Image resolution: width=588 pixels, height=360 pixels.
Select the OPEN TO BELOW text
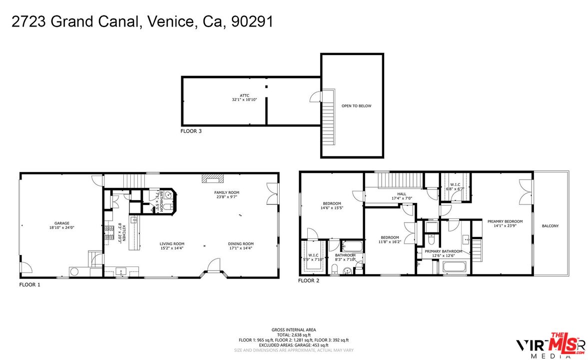356,106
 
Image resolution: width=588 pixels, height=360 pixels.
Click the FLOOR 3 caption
191,131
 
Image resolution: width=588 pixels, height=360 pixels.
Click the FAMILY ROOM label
227,192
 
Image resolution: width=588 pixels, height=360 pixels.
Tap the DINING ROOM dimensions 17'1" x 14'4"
241,248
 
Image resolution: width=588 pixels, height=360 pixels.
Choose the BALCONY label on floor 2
550,226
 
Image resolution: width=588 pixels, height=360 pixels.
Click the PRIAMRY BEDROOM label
505,221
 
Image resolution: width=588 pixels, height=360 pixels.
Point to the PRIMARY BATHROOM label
443,251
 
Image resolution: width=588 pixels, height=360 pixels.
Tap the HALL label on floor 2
402,194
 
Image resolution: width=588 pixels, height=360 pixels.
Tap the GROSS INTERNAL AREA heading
294,330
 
